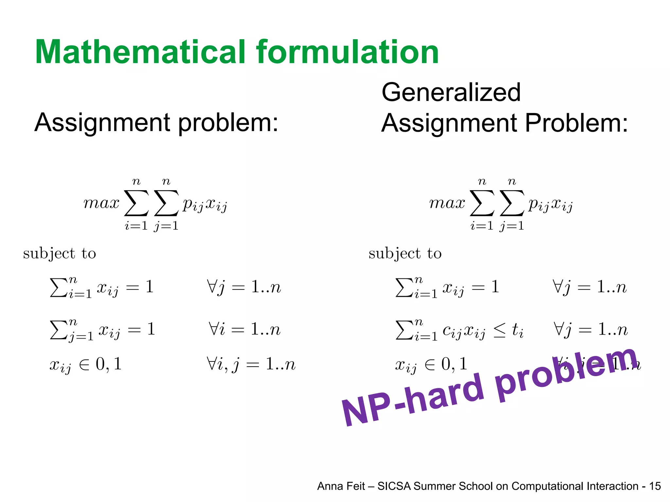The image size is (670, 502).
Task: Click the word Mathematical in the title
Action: [140, 52]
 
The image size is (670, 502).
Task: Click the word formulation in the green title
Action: [347, 52]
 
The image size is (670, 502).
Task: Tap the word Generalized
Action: [451, 92]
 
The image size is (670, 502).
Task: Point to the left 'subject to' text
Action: [60, 254]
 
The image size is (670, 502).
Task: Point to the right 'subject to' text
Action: [405, 254]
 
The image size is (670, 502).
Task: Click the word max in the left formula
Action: [101, 203]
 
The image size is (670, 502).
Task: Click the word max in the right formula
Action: [447, 203]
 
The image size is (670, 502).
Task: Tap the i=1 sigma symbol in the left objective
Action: [136, 203]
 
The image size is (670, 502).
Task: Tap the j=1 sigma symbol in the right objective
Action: [512, 203]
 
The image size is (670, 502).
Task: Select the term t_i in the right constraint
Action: [517, 330]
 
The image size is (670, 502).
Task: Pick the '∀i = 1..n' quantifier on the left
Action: [245, 329]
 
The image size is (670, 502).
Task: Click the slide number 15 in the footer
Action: [655, 486]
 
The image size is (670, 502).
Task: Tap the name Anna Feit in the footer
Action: [341, 486]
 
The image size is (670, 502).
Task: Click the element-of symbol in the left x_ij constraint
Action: [84, 365]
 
